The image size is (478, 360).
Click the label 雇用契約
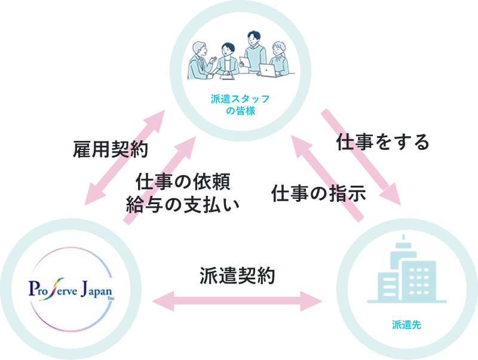click(x=104, y=149)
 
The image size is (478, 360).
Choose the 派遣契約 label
click(x=238, y=276)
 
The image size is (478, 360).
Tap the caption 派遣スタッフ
click(x=240, y=99)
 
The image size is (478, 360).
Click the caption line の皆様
click(x=240, y=111)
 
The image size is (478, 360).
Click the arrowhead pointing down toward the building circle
click(x=393, y=196)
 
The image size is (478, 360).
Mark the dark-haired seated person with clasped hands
click(x=227, y=60)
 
